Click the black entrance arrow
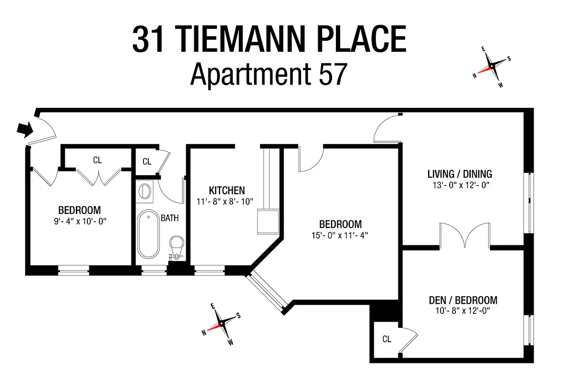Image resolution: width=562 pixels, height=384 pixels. (x=24, y=129)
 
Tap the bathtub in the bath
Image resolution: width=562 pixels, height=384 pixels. (x=149, y=235)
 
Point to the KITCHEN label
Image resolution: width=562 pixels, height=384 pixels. (x=227, y=191)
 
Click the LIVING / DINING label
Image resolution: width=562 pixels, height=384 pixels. (x=460, y=174)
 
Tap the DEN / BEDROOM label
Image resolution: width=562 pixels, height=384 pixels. (x=463, y=300)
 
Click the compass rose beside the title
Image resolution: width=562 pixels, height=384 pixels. (x=492, y=67)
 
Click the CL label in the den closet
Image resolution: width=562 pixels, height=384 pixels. (x=387, y=339)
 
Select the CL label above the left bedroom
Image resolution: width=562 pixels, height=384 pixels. (x=97, y=160)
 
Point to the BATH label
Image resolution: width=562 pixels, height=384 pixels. (x=169, y=218)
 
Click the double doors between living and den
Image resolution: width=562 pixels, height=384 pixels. (x=465, y=237)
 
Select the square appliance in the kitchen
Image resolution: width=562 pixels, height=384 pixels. (x=268, y=220)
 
